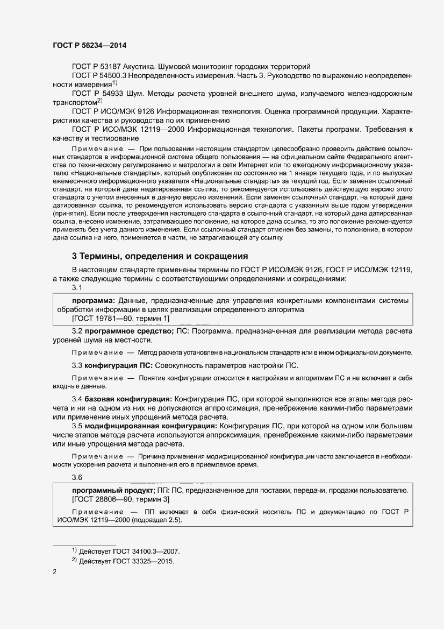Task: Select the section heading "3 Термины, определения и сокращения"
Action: pyautogui.click(x=160, y=256)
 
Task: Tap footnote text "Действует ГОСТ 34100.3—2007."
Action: pyautogui.click(x=129, y=552)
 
